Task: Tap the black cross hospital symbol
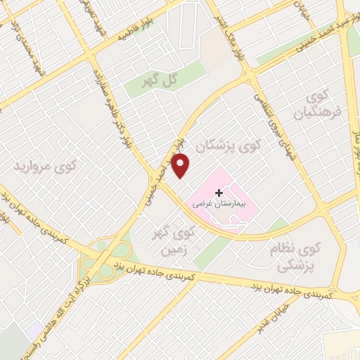[x=219, y=192]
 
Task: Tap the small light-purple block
[x=32, y=330]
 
